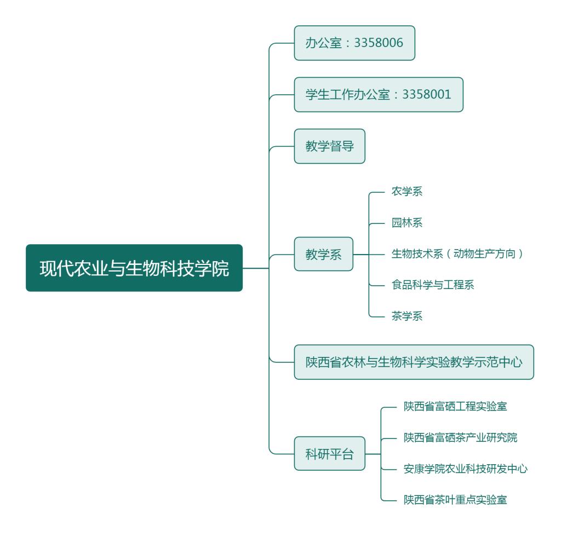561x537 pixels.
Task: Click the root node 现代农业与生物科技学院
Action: [134, 268]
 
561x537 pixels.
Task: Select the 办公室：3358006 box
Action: [354, 43]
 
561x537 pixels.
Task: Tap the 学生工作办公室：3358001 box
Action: [379, 95]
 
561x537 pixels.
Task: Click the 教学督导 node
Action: [329, 147]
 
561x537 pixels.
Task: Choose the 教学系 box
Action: [323, 255]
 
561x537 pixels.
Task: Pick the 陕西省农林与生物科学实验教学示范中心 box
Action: [414, 362]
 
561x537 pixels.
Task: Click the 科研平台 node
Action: [329, 454]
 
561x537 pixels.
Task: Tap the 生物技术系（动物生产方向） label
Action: [458, 254]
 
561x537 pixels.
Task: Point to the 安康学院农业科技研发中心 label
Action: [465, 469]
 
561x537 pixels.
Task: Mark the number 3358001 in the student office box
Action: [427, 95]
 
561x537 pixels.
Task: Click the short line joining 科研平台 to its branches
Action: [373, 454]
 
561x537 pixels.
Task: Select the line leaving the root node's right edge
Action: [255, 268]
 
